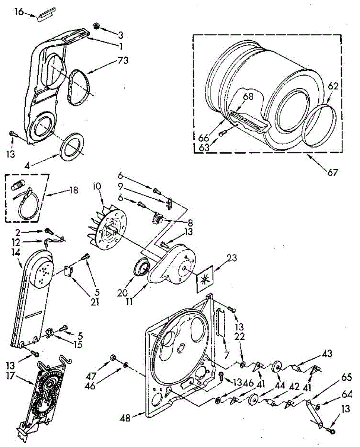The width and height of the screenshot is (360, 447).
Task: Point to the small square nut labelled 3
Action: [x=96, y=26]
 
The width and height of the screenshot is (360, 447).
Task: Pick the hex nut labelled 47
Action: [x=112, y=358]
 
